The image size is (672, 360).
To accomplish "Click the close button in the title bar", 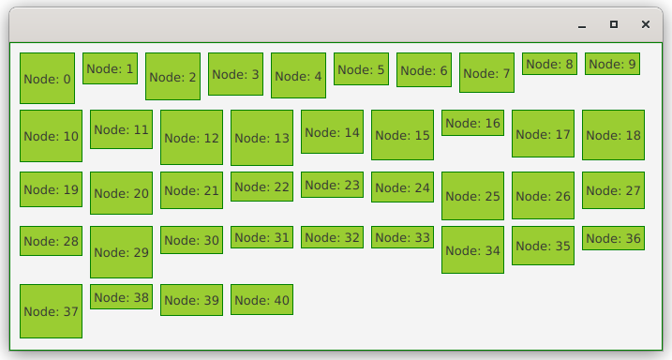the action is [646, 24].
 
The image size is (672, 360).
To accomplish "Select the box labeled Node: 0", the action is [47, 79].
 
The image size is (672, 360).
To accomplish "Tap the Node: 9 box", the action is [612, 64].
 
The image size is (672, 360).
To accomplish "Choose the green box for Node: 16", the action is [472, 123].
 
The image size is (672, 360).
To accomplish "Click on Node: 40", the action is [261, 300].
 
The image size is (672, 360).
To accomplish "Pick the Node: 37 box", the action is [51, 311].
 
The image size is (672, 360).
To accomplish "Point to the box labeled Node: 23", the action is [332, 185].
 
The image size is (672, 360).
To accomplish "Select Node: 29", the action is [121, 252].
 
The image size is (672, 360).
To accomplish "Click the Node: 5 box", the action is [361, 69].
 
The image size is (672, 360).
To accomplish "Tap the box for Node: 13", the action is [261, 138].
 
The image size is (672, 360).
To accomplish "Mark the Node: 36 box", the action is [613, 238].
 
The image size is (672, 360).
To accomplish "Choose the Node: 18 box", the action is [613, 135].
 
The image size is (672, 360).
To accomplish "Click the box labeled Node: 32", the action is [332, 237].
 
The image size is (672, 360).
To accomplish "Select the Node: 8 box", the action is [549, 64].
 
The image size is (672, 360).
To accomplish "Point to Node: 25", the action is [472, 196].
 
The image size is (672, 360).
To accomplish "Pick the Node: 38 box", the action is [121, 296].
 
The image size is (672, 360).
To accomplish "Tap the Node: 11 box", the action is [121, 129].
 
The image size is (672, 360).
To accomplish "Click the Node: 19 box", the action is [51, 189].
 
